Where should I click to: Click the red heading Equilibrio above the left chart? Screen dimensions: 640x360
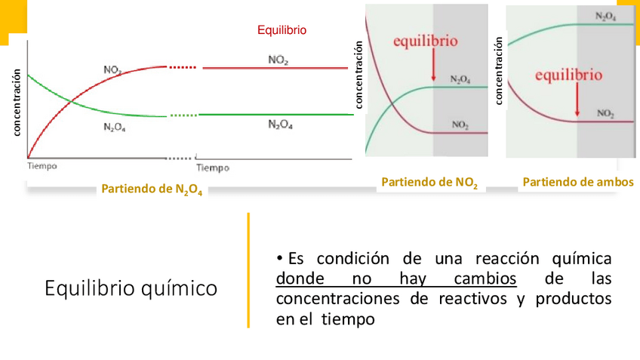pos(282,30)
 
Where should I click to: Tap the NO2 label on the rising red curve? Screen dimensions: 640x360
pos(113,70)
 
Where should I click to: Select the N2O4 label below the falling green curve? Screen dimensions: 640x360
pos(114,128)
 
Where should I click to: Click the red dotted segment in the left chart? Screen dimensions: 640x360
pos(183,68)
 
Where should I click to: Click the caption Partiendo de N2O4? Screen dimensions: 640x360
pos(152,189)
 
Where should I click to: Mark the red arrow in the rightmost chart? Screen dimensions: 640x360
pos(577,100)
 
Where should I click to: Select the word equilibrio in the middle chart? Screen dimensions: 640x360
pos(425,42)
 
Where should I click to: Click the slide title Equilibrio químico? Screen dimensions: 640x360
pos(131,288)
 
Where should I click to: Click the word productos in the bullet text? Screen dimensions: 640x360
pos(573,299)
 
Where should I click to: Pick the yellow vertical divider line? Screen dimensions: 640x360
pos(248,270)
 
